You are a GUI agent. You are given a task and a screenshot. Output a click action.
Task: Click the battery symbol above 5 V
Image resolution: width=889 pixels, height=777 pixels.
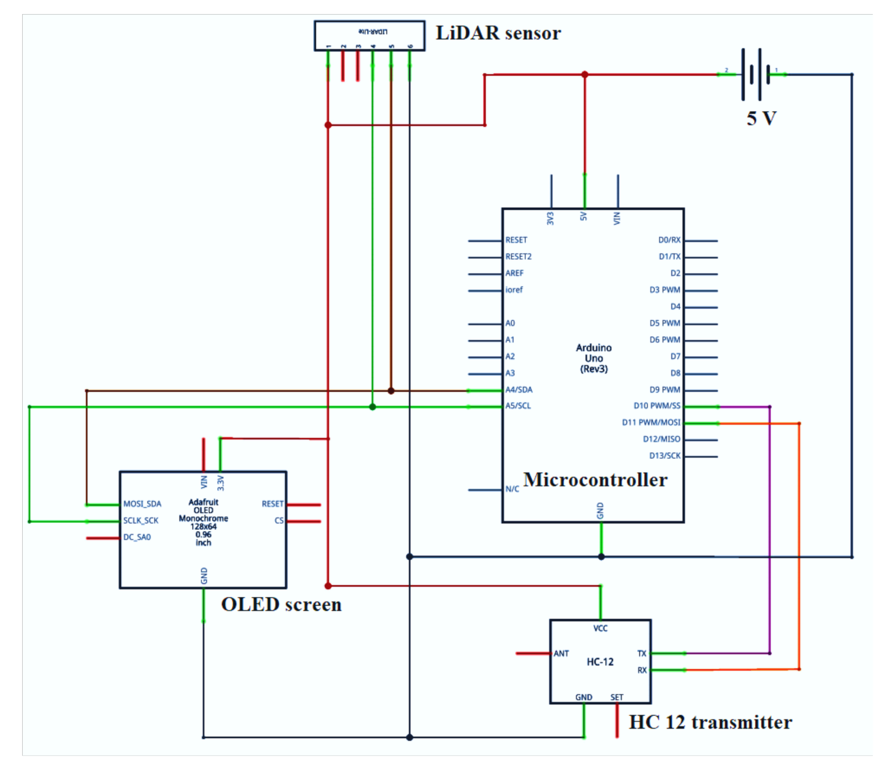coord(756,74)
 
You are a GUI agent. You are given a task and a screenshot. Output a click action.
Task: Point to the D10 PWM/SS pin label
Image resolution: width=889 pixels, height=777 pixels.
coord(657,406)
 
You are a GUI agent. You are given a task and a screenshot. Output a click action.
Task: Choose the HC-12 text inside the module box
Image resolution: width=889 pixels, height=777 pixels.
coord(600,662)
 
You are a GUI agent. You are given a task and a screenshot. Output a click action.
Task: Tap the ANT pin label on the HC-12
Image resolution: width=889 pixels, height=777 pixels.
coord(561,653)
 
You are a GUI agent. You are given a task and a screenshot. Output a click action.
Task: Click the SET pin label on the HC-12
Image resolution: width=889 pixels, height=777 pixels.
coord(616,697)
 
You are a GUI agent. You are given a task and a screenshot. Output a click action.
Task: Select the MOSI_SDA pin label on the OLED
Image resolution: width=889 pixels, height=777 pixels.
coord(142,504)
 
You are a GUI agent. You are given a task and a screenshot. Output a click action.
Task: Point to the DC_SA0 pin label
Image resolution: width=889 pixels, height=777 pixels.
coord(137,537)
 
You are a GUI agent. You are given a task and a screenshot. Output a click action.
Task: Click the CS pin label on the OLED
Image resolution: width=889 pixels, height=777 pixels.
coord(279,520)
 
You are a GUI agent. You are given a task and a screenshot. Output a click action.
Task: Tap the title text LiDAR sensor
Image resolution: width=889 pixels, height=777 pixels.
coord(498,33)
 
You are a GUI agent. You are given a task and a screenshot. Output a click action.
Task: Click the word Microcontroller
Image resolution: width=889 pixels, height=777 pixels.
coord(595,480)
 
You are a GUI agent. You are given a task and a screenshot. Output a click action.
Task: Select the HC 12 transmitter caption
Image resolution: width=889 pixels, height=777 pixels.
coord(710,723)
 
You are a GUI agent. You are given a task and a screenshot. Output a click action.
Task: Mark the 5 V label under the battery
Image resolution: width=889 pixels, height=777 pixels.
coord(761,118)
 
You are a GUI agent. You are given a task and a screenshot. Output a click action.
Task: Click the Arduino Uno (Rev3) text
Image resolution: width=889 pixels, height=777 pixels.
coord(593,358)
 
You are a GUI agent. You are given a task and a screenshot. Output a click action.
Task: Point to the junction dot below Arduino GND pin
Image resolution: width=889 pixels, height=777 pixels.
coord(601,557)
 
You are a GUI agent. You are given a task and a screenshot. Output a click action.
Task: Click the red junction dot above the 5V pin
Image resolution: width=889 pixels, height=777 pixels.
coord(585,75)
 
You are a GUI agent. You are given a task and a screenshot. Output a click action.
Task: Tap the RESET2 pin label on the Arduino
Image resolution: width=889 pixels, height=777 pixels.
coord(518,257)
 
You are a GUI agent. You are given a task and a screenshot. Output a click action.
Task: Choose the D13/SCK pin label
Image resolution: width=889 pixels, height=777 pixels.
coord(664,456)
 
